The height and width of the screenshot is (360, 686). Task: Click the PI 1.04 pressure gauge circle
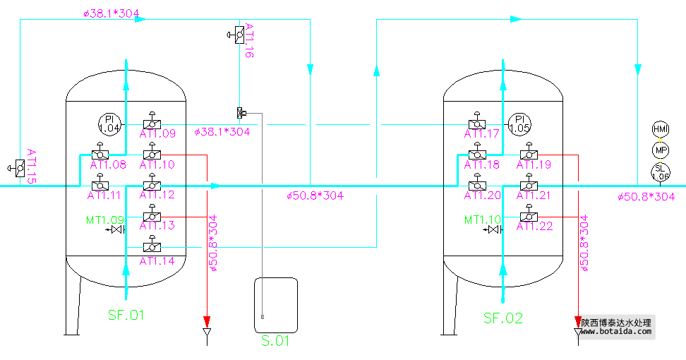(x=109, y=124)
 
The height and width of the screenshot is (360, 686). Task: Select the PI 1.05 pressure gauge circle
(x=520, y=124)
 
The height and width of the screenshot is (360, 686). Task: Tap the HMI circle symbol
(x=660, y=129)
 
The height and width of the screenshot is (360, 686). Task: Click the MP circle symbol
(x=660, y=150)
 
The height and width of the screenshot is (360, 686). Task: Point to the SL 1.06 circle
(x=660, y=172)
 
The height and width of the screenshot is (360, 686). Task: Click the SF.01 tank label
(x=126, y=315)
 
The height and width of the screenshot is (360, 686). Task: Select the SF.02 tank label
(x=503, y=318)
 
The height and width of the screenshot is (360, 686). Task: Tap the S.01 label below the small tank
(x=276, y=342)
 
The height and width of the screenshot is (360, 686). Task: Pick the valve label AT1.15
(x=32, y=167)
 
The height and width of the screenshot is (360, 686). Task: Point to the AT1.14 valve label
(x=157, y=260)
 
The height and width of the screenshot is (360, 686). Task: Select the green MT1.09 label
(x=105, y=220)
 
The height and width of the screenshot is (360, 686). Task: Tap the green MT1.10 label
(x=483, y=220)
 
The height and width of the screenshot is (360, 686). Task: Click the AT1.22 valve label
(x=534, y=226)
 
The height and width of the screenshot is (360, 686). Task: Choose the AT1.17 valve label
(x=482, y=133)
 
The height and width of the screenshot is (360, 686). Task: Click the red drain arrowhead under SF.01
(x=207, y=318)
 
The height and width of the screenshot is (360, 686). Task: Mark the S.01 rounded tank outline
(x=276, y=304)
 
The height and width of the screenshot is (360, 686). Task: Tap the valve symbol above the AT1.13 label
(x=150, y=215)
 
